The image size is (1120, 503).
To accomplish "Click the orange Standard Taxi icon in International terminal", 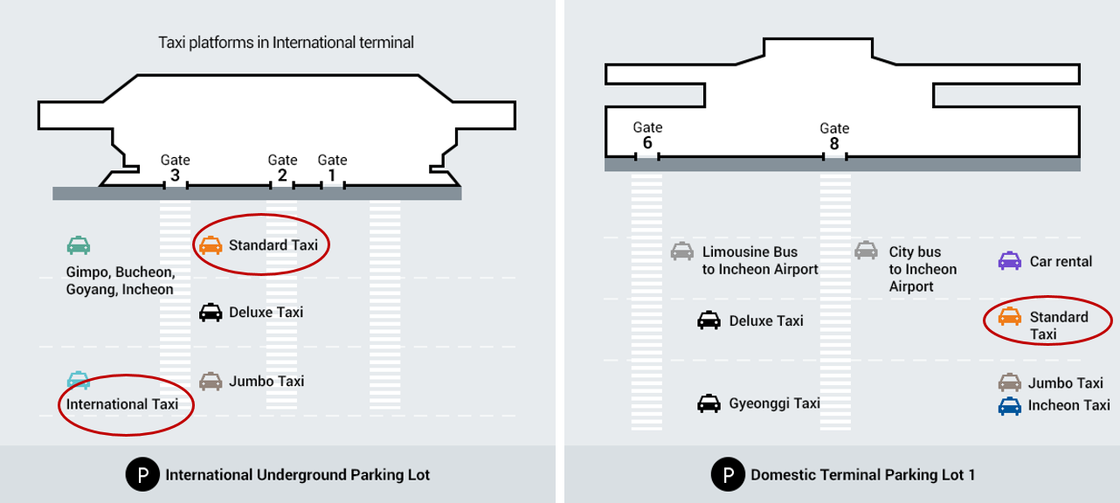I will [x=211, y=245].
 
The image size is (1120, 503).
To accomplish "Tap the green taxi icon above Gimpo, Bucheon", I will [x=79, y=245].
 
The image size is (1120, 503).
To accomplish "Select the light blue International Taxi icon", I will [x=79, y=380].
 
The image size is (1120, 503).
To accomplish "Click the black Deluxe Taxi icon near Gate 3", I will [x=211, y=312].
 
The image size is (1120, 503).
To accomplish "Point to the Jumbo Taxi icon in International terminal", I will [x=211, y=382].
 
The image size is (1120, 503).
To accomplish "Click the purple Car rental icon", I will [x=1010, y=260].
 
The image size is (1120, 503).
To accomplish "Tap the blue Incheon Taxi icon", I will [x=1010, y=406].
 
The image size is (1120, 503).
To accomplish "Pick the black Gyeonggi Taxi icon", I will [x=709, y=403].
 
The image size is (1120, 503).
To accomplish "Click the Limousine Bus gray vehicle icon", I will [x=682, y=251].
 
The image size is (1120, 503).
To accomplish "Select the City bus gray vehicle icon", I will [x=866, y=251].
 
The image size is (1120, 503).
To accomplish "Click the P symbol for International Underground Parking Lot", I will [x=142, y=475].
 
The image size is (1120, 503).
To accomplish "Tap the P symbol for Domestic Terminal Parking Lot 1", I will [x=727, y=475].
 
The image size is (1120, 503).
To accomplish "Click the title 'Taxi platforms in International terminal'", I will [x=286, y=42].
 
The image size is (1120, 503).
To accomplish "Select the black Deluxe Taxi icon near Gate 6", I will [x=709, y=320].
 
